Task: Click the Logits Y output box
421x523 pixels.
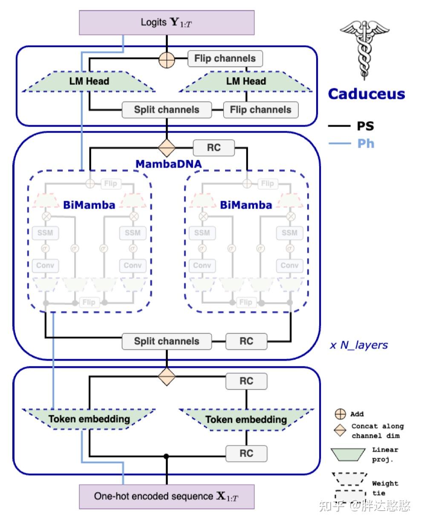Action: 167,22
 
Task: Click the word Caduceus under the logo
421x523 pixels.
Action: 366,94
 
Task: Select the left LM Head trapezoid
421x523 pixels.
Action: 89,81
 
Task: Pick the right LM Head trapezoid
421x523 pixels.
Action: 246,81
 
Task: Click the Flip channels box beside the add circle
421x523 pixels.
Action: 225,59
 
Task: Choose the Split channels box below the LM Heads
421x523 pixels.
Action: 167,110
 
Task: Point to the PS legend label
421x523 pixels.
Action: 365,126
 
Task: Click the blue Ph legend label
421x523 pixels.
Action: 365,144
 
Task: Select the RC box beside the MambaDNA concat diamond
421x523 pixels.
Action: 213,148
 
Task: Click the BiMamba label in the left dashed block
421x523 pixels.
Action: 89,205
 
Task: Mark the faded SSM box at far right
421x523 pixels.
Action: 289,233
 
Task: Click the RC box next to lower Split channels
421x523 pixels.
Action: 246,342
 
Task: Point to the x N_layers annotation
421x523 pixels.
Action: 359,345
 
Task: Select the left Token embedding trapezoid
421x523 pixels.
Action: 89,419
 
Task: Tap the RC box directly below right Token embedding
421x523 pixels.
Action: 246,453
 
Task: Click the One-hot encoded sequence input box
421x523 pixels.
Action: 167,497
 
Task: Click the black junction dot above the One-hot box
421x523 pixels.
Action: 167,457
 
